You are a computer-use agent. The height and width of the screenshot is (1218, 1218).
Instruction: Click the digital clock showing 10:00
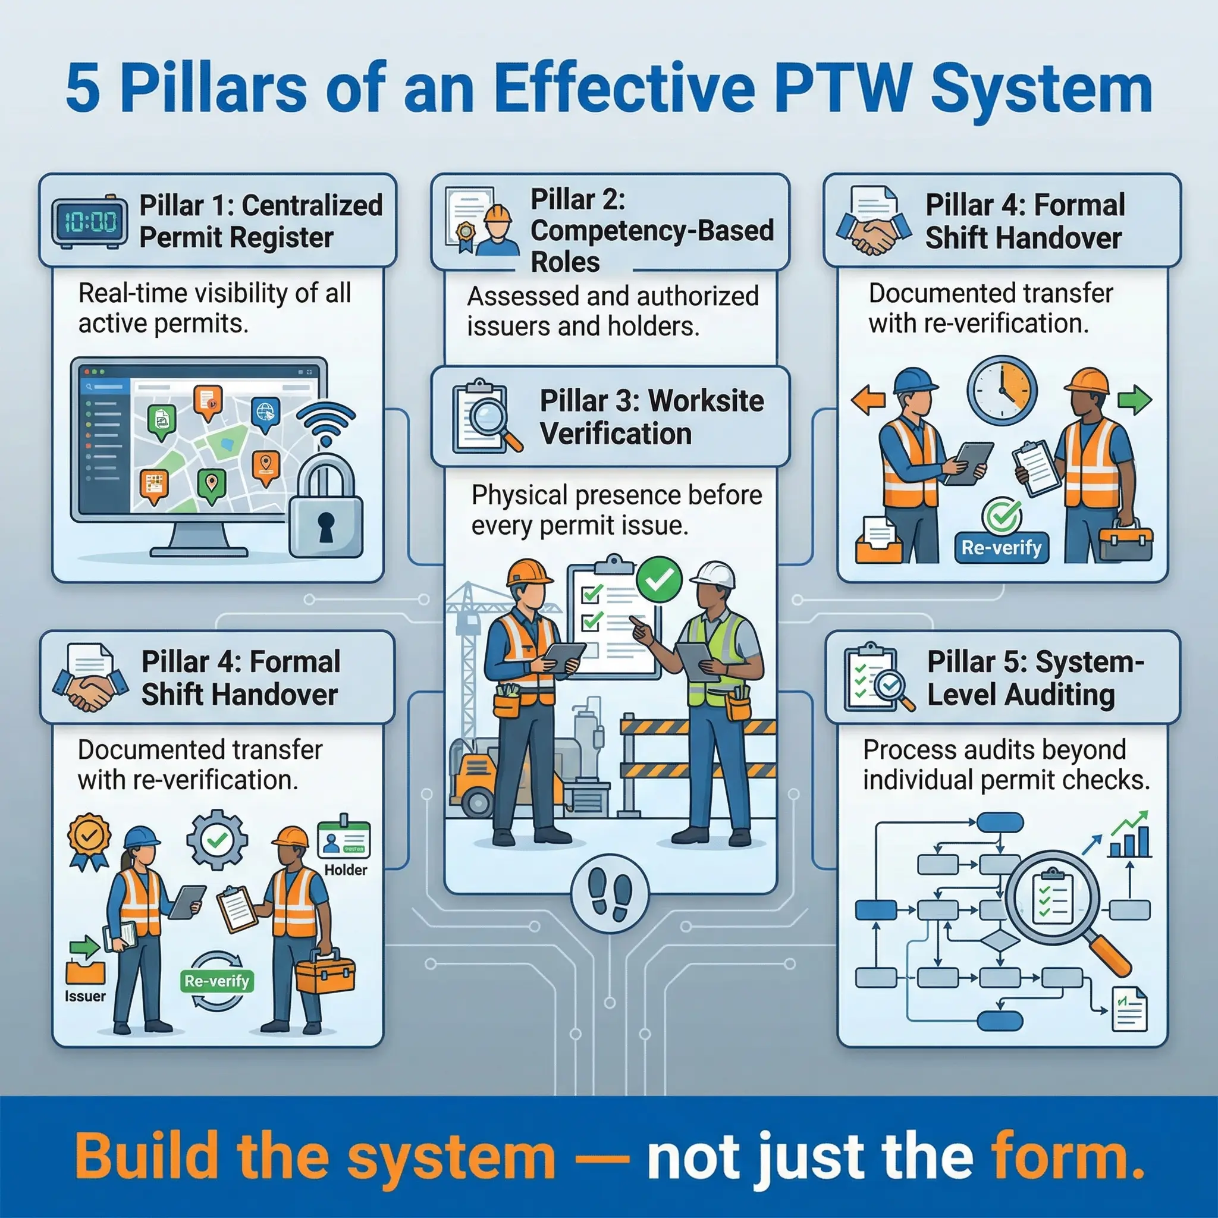point(89,222)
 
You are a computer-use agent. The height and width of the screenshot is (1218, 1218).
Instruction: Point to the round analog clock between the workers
point(1002,390)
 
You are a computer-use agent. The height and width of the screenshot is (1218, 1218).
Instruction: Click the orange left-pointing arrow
point(868,400)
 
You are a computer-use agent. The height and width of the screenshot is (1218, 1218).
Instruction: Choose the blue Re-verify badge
point(1001,547)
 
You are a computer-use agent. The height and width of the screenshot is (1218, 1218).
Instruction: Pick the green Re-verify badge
point(216,980)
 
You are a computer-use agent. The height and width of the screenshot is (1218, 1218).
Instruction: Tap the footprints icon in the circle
point(609,893)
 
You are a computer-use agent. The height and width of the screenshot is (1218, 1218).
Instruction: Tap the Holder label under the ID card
point(346,870)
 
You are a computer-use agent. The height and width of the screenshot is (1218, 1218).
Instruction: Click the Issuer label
point(85,997)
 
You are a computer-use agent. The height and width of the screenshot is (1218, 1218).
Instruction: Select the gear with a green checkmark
point(217,840)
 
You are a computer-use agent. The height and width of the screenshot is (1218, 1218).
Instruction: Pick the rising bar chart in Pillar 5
point(1130,836)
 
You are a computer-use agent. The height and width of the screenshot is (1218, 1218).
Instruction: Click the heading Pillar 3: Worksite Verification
point(651,417)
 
